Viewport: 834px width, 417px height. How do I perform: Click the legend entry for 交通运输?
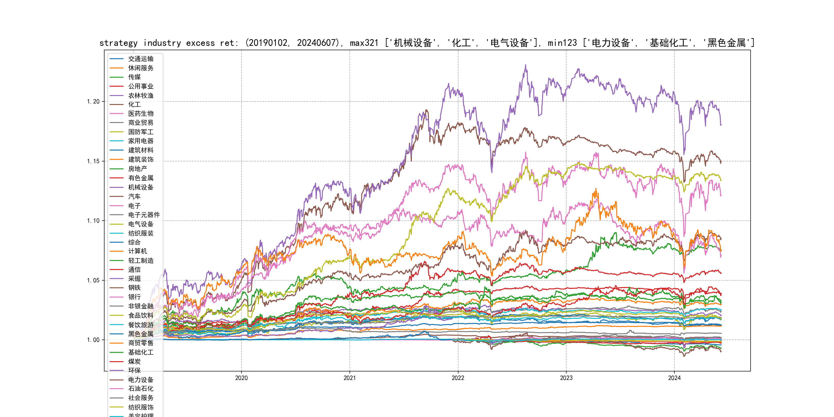point(141,59)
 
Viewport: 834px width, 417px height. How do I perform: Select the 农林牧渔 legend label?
point(141,95)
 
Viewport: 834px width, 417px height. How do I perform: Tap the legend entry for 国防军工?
point(141,132)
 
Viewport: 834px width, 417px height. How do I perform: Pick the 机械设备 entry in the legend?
point(141,187)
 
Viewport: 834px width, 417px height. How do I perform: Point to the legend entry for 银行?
point(134,297)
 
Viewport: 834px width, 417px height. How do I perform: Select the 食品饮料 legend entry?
point(141,315)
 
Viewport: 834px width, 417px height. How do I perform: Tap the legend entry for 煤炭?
point(134,361)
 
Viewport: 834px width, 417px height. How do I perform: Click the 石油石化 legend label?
point(141,388)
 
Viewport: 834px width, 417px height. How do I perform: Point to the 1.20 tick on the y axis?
point(93,102)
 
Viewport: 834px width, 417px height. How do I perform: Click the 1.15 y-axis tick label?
point(93,161)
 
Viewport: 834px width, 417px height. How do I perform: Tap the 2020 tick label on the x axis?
point(241,378)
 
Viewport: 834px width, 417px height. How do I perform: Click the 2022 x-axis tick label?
point(458,378)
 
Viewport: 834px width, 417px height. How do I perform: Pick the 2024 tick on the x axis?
point(674,378)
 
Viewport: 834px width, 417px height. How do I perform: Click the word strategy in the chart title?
point(118,43)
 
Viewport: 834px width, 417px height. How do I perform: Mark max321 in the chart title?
point(364,43)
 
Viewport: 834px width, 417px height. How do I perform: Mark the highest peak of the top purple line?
point(525,65)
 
